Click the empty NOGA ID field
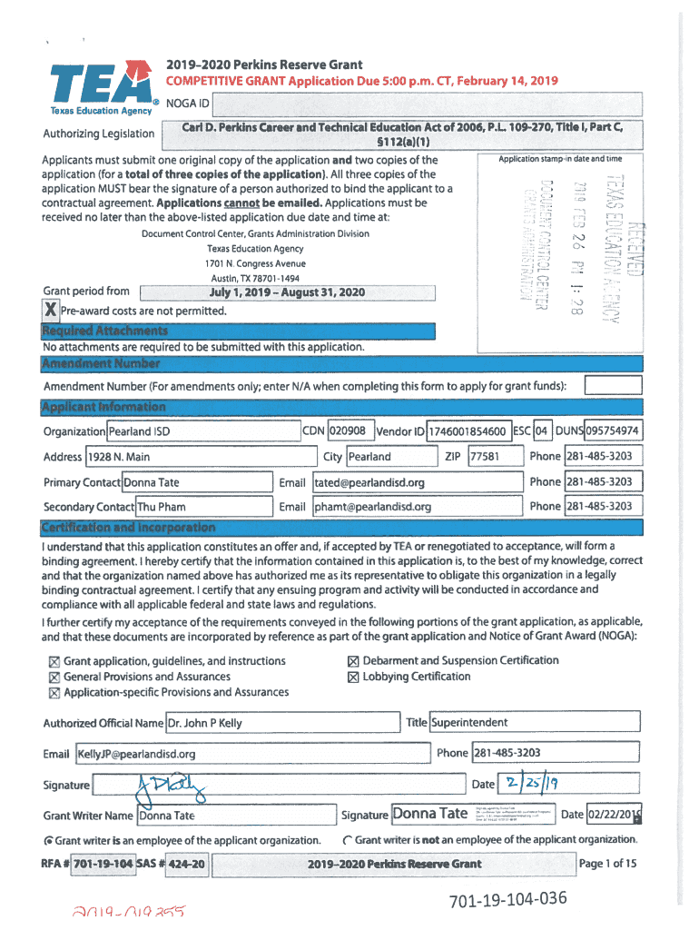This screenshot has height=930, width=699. point(427,104)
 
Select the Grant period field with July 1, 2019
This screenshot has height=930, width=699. point(287,292)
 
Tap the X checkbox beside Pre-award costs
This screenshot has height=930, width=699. point(51,311)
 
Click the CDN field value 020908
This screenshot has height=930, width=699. point(349,430)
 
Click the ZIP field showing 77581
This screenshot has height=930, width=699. point(484,456)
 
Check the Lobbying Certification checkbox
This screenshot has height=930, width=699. point(354,677)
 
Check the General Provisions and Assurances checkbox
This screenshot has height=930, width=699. point(54,678)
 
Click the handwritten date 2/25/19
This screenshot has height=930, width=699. point(532,783)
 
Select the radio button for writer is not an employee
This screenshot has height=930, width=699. point(347,840)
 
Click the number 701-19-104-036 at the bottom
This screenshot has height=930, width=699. point(507,899)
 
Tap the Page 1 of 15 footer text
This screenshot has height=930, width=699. point(607,864)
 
